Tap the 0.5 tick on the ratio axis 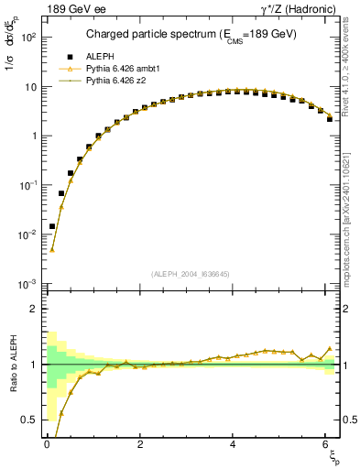click(x=28, y=420)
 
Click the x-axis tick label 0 click(x=47, y=444)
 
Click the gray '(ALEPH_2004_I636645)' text click(x=190, y=274)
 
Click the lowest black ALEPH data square click(x=52, y=226)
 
